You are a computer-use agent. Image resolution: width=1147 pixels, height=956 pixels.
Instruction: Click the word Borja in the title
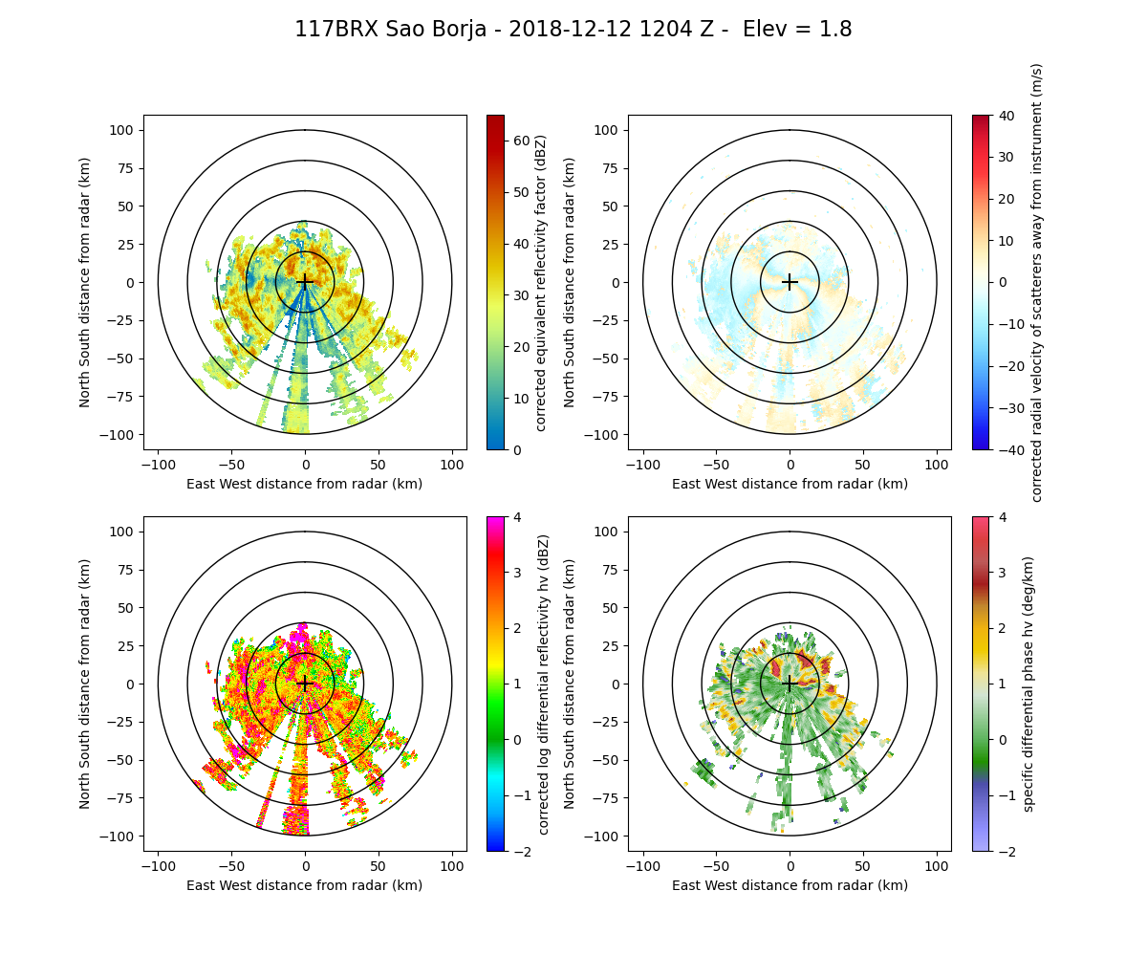[x=455, y=30]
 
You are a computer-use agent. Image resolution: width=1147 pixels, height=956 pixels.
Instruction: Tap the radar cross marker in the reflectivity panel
[x=305, y=282]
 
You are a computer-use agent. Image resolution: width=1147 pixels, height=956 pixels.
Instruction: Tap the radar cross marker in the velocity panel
[x=790, y=282]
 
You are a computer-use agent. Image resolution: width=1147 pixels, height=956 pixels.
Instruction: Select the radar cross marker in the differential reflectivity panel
[x=305, y=684]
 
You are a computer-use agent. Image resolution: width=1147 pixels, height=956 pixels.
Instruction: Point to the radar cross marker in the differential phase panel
[x=790, y=684]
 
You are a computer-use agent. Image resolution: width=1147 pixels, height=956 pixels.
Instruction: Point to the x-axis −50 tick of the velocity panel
[x=716, y=465]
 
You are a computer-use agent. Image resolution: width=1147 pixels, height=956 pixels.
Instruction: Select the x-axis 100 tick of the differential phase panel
[x=936, y=866]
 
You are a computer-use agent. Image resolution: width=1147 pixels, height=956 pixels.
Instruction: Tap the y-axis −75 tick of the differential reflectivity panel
[x=123, y=798]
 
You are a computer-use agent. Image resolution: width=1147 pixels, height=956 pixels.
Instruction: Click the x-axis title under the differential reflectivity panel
[x=305, y=885]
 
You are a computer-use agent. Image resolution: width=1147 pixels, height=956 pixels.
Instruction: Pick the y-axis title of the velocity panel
[x=570, y=282]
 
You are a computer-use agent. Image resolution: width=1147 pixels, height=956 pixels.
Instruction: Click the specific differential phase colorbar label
[x=1030, y=684]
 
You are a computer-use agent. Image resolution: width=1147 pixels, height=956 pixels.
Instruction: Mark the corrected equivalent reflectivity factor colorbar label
[x=542, y=282]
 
